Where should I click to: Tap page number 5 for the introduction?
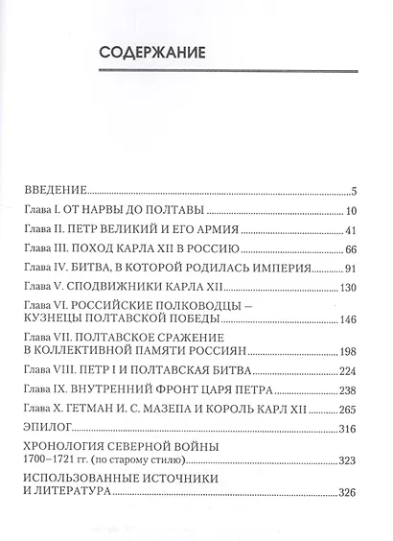(354, 190)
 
